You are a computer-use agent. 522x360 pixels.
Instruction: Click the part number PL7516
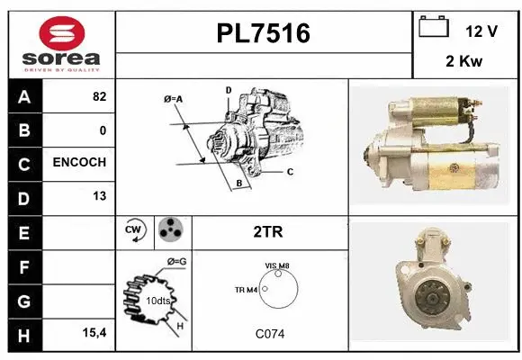264,33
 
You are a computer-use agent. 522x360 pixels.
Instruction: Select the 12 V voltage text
481,31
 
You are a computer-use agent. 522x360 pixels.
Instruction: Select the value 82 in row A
99,96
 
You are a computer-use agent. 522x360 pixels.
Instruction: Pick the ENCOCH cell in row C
79,163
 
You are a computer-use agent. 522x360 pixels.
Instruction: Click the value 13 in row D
99,196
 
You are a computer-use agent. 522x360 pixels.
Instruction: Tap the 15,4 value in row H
95,333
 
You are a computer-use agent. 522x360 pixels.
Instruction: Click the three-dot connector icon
171,230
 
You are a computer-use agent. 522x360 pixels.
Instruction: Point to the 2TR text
269,231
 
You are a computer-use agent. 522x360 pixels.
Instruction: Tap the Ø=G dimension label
175,262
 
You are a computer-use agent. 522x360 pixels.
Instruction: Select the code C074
269,333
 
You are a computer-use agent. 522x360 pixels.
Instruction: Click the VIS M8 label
276,265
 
